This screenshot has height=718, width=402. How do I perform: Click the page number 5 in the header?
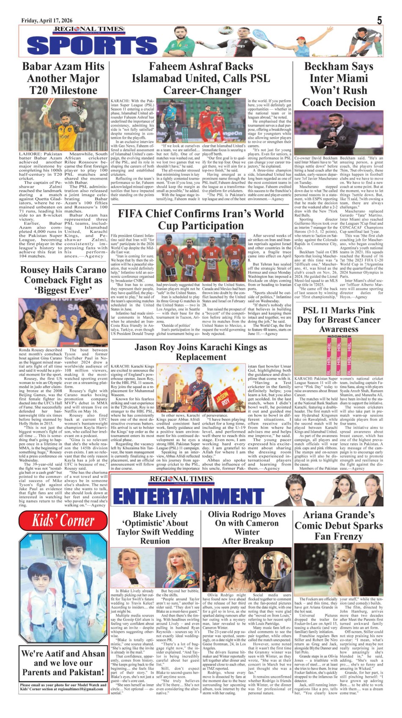(379, 20)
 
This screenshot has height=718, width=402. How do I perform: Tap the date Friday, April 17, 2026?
(47, 21)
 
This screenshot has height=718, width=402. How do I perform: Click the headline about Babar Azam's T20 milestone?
(63, 79)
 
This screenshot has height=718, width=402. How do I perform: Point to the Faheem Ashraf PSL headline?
(201, 79)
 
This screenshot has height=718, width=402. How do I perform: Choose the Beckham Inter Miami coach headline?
(339, 85)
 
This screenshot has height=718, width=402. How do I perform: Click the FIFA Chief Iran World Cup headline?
(201, 219)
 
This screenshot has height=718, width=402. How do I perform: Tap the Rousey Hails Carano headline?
(63, 280)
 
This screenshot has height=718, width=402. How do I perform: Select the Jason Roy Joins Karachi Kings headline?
(201, 352)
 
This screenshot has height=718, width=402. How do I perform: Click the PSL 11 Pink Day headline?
(339, 320)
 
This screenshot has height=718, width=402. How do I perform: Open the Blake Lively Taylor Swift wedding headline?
(155, 527)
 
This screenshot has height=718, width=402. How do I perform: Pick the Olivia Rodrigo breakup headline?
(247, 527)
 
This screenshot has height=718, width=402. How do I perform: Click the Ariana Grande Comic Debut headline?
(339, 526)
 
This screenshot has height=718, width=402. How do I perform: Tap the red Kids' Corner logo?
(63, 520)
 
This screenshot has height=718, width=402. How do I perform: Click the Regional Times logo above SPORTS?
(88, 30)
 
